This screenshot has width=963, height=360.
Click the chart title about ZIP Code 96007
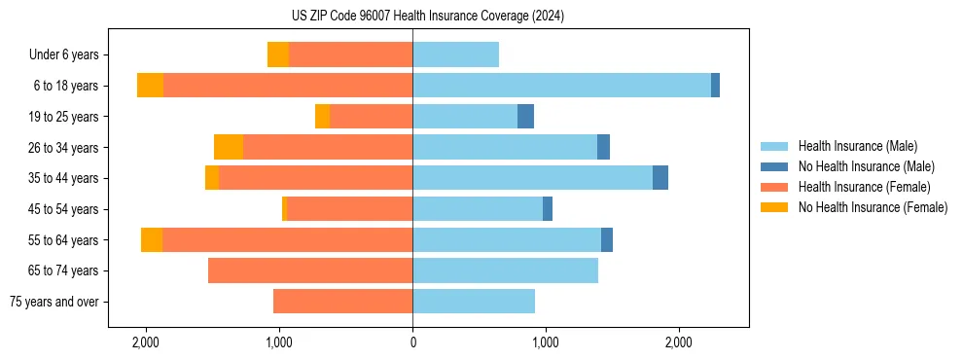pyautogui.click(x=427, y=17)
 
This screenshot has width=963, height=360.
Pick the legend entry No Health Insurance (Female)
pyautogui.click(x=873, y=206)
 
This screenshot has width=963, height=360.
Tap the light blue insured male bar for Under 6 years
pyautogui.click(x=455, y=55)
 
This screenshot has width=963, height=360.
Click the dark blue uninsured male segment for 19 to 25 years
pyautogui.click(x=525, y=117)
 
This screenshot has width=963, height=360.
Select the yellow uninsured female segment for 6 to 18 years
pyautogui.click(x=150, y=86)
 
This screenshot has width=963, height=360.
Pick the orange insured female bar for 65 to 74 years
pyautogui.click(x=310, y=270)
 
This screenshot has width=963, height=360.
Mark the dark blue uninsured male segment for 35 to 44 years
pyautogui.click(x=660, y=178)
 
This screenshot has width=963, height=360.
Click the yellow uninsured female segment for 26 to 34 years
pyautogui.click(x=229, y=147)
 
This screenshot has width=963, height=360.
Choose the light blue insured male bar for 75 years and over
pyautogui.click(x=474, y=302)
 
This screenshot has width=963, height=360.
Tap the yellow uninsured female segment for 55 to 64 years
pyautogui.click(x=152, y=240)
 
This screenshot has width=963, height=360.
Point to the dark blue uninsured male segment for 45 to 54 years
pyautogui.click(x=548, y=209)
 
